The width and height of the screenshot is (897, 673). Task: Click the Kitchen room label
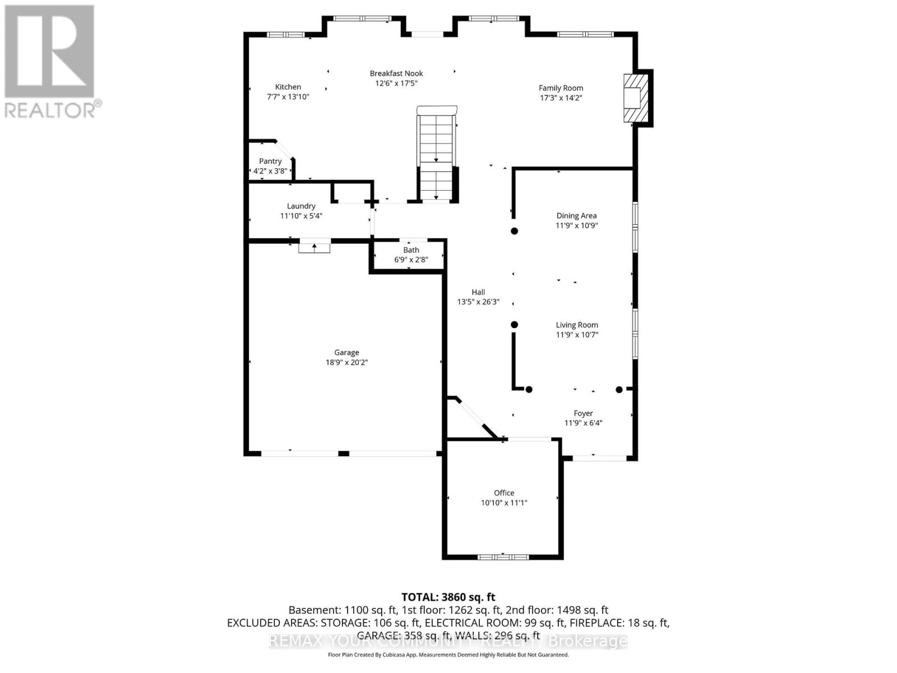point(288,87)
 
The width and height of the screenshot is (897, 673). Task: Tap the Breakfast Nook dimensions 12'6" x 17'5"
point(396,84)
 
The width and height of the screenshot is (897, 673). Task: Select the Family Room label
point(561,88)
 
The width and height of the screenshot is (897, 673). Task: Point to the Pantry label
point(270,161)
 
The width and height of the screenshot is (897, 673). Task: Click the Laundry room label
point(301,206)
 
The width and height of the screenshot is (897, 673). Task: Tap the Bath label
point(411,250)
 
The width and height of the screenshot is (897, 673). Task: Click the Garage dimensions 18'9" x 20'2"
point(346,362)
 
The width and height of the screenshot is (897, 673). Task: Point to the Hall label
point(478,292)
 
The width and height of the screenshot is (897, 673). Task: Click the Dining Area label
point(576,215)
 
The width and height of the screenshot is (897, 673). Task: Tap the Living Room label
point(577,325)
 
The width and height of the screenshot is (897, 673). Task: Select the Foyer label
point(583,413)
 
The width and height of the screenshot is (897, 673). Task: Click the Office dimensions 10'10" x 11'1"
point(503,503)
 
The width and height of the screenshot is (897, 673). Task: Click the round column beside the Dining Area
point(514,231)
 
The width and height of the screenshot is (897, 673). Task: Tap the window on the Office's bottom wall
point(503,557)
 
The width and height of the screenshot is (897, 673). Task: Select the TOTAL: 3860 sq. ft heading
point(448,597)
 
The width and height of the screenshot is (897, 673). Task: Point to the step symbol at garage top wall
point(314,246)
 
